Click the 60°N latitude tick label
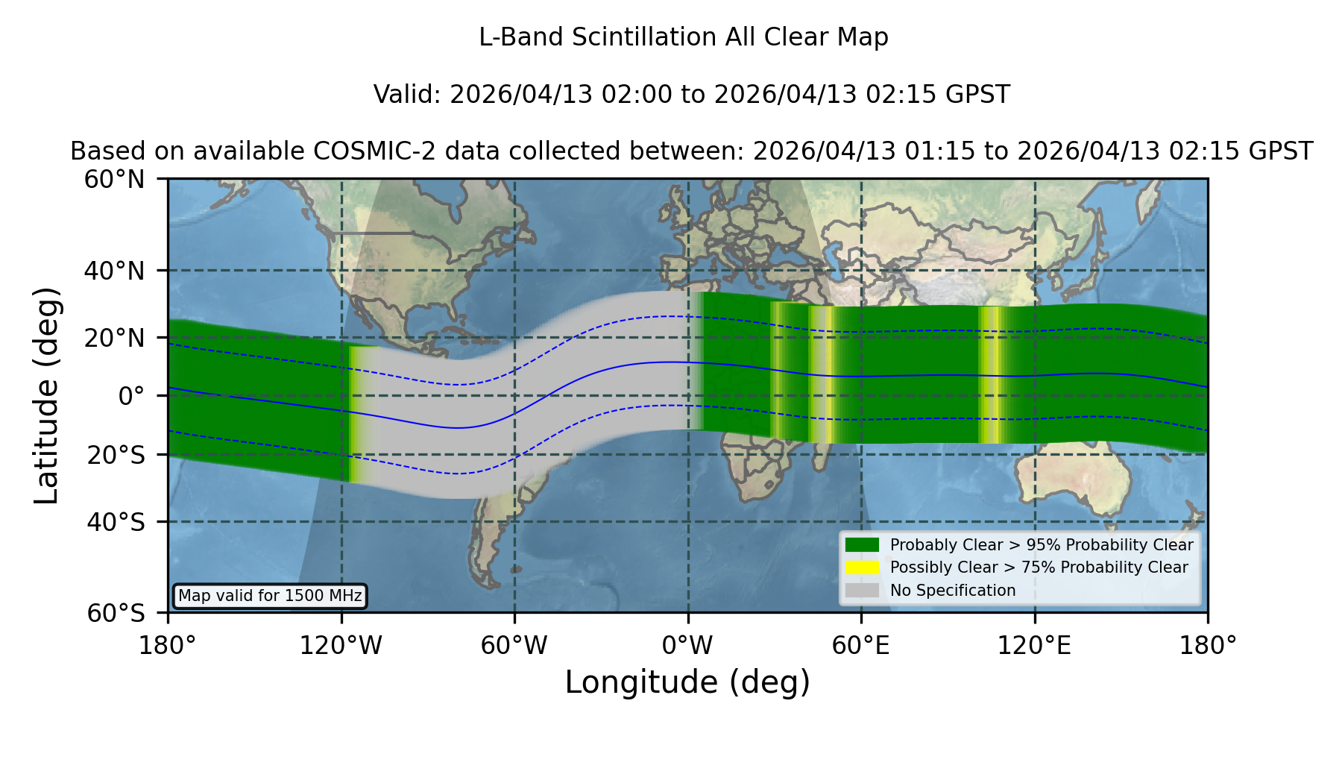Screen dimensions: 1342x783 point(114,180)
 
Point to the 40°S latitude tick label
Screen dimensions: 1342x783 point(116,522)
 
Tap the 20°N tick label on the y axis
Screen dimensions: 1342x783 point(114,338)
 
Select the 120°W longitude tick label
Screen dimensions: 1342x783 point(341,645)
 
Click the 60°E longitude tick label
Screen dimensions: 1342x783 point(861,645)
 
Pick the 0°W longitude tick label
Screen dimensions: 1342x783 point(687,645)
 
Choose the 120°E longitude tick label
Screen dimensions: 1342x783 point(1034,645)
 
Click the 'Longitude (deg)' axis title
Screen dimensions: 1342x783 point(687,682)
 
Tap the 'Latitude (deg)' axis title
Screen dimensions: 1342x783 point(46,395)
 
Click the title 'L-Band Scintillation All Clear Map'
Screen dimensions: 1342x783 point(684,37)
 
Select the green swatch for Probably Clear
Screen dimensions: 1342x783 point(862,544)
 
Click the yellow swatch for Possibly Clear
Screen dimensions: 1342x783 point(862,567)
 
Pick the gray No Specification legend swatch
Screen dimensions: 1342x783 point(862,590)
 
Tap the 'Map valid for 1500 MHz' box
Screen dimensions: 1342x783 point(270,596)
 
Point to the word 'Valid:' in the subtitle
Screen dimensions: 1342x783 point(408,95)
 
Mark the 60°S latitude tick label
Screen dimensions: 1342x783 point(116,614)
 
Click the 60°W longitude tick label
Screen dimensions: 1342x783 point(514,645)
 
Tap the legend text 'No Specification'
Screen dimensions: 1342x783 point(953,591)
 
